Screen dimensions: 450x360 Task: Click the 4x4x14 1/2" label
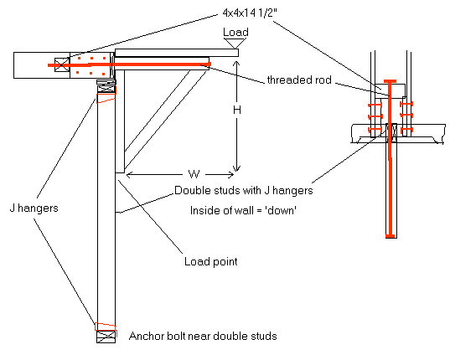(x=250, y=13)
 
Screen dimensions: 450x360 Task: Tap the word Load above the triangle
(x=235, y=32)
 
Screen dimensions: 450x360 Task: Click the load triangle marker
(x=235, y=43)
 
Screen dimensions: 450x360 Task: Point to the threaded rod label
(x=299, y=80)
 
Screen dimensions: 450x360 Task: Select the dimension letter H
(x=237, y=110)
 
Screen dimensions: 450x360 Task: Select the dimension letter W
(x=194, y=174)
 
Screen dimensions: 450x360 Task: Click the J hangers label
(x=34, y=208)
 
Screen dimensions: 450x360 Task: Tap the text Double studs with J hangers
(x=244, y=190)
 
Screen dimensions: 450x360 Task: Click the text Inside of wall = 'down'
(x=243, y=210)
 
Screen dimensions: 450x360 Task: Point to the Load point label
(x=211, y=261)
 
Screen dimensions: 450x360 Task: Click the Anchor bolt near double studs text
(x=203, y=336)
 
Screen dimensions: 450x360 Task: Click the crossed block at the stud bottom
(x=106, y=337)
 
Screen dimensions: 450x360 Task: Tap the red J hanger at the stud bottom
(x=106, y=327)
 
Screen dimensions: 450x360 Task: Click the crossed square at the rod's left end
(x=62, y=64)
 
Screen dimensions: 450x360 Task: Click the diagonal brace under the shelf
(x=165, y=120)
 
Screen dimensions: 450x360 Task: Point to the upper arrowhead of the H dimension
(x=236, y=64)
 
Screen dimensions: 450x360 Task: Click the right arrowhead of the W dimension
(x=230, y=174)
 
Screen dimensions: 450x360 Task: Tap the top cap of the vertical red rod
(x=390, y=81)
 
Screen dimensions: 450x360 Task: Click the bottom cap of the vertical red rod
(x=390, y=236)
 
